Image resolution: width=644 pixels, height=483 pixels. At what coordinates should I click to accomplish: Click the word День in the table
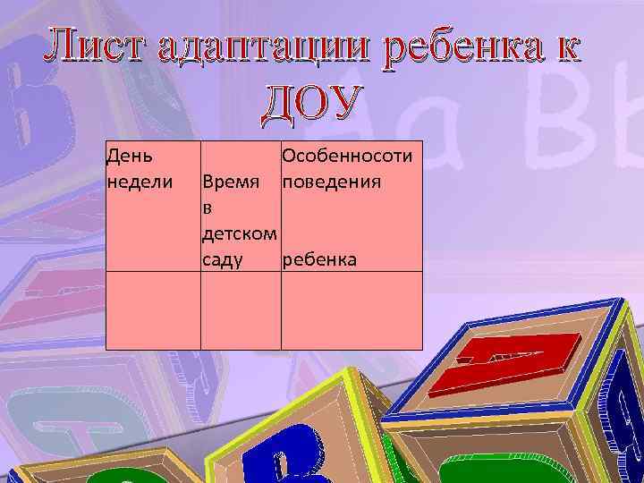129,156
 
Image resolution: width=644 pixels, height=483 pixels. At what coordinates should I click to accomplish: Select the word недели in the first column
138,182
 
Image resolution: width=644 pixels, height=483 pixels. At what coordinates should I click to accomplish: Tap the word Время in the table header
232,182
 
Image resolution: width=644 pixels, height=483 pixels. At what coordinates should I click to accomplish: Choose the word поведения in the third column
332,182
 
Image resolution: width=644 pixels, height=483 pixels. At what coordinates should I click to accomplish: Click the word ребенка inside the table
319,259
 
